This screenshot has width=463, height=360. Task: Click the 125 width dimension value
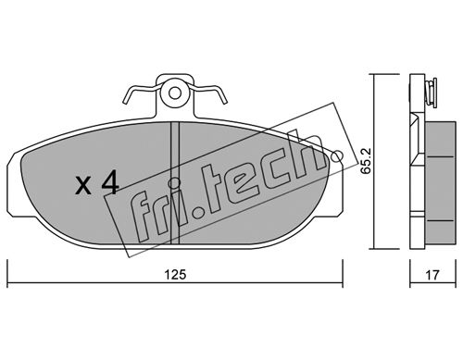point(175,275)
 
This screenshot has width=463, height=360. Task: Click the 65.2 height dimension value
point(366,161)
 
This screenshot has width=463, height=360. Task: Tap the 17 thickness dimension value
point(432,275)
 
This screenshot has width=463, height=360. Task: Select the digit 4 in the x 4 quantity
point(109,183)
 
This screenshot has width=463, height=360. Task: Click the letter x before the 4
point(83,186)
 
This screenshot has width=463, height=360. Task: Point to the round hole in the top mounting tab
point(175,93)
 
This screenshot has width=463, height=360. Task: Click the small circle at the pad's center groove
point(174,183)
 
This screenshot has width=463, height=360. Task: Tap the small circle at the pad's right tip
point(337,156)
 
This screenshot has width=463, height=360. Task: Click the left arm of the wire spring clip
point(140,92)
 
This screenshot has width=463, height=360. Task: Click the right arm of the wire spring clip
point(208,92)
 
